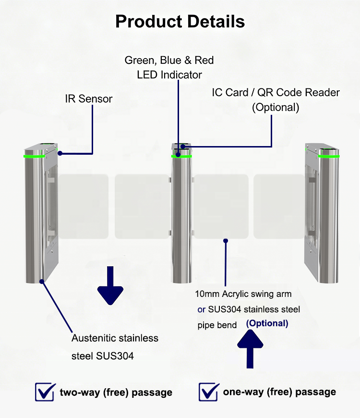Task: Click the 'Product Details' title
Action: click(180, 22)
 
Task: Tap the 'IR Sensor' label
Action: click(89, 98)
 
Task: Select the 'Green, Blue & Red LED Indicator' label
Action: click(169, 67)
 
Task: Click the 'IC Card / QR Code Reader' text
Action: click(276, 93)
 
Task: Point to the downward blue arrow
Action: click(110, 285)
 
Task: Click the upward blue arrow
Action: click(250, 349)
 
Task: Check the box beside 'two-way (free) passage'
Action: click(45, 392)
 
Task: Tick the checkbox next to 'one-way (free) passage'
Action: click(209, 392)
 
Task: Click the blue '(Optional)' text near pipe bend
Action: click(267, 323)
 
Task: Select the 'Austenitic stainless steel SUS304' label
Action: click(115, 347)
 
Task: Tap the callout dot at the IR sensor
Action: click(60, 153)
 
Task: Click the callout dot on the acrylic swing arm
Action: click(226, 241)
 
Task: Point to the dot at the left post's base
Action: click(42, 282)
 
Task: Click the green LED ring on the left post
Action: click(34, 156)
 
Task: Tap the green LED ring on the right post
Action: click(329, 156)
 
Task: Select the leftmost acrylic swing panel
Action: click(84, 206)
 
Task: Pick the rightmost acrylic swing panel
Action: click(279, 206)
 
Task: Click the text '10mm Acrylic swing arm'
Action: click(243, 294)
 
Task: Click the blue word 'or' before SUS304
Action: click(201, 310)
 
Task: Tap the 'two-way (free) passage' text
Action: click(116, 393)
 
